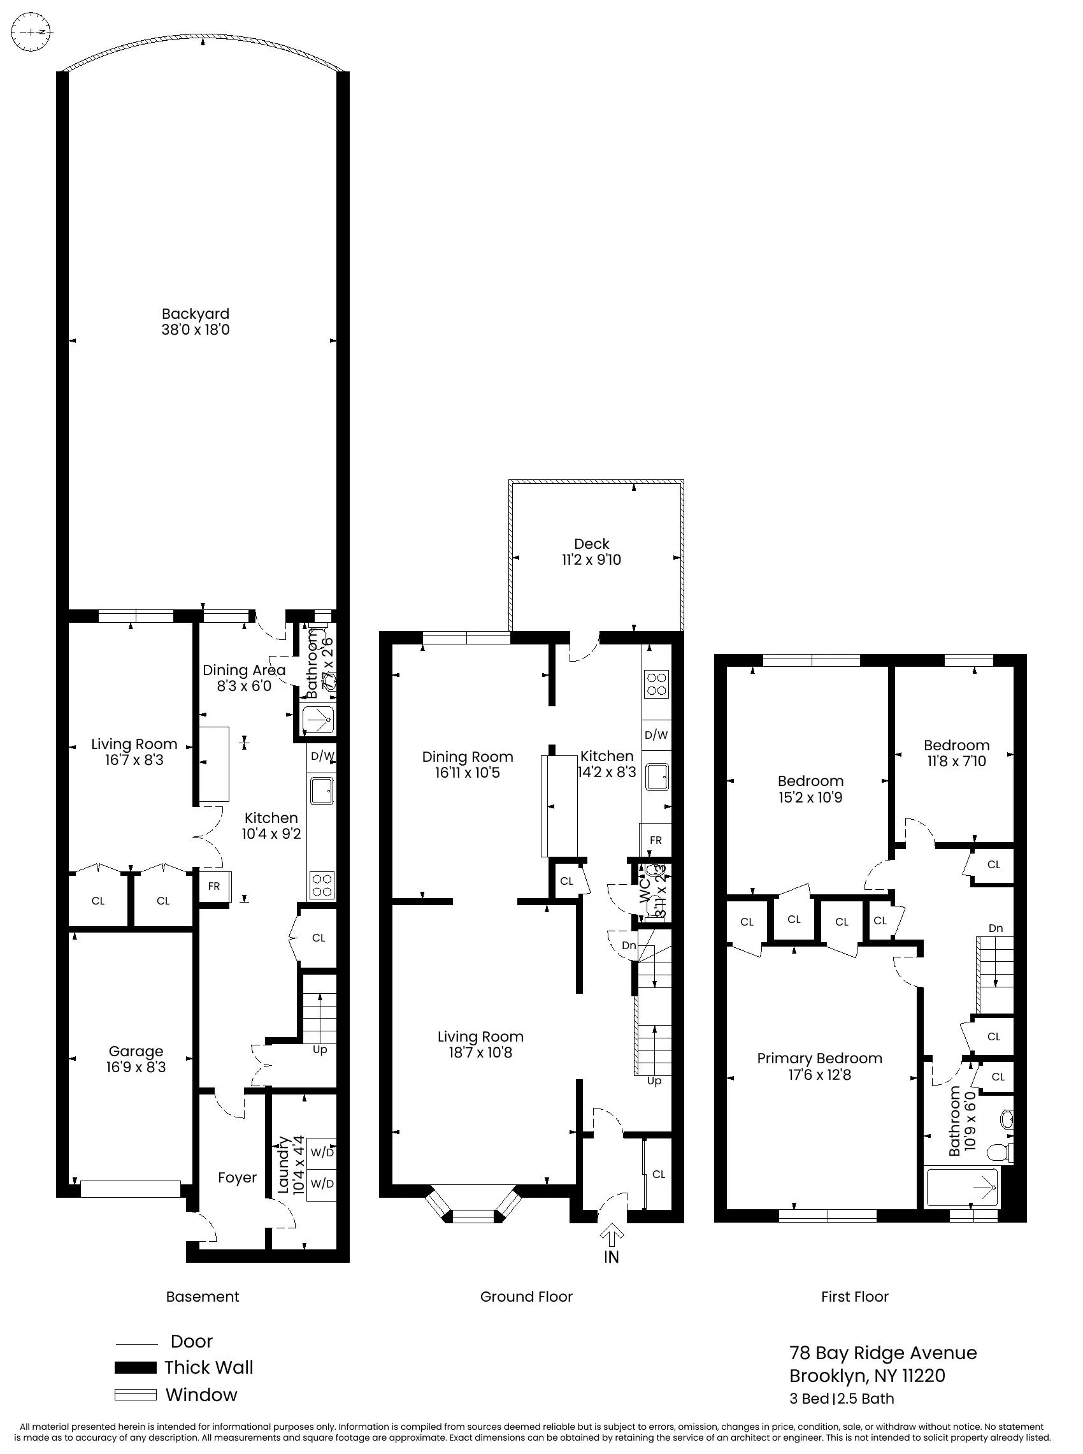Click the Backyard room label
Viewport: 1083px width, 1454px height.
pyautogui.click(x=196, y=314)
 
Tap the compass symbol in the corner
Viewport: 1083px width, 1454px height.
pyautogui.click(x=31, y=31)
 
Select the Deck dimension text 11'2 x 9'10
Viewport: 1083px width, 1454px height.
pyautogui.click(x=591, y=560)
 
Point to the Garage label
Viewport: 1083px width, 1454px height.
pyautogui.click(x=136, y=1051)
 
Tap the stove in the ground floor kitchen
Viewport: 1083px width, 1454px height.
pyautogui.click(x=657, y=683)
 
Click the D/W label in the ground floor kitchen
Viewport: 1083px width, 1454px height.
pyautogui.click(x=656, y=735)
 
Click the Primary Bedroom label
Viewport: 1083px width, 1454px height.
pyautogui.click(x=819, y=1058)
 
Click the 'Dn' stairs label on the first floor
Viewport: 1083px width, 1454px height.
pyautogui.click(x=995, y=928)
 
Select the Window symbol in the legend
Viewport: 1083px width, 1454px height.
pyautogui.click(x=136, y=1395)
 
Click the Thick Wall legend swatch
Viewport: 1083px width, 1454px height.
pyautogui.click(x=136, y=1367)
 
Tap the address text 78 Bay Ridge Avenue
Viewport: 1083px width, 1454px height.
pyautogui.click(x=883, y=1353)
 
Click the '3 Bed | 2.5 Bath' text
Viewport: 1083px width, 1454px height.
pyautogui.click(x=842, y=1399)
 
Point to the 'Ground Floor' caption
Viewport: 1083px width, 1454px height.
pyautogui.click(x=526, y=1297)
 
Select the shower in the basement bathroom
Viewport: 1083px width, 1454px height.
pyautogui.click(x=319, y=720)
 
